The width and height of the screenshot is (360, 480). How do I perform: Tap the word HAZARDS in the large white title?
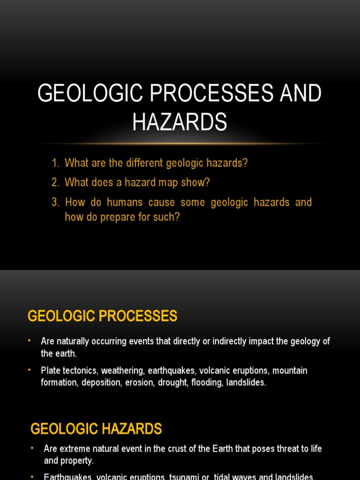180,122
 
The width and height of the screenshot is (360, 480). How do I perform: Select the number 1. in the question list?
56,163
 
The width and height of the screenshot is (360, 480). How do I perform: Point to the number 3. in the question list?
56,202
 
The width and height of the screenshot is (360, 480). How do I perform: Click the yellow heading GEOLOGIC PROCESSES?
102,316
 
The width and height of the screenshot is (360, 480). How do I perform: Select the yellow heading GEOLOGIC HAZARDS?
96,428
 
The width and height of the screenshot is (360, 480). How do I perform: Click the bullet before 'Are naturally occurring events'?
30,341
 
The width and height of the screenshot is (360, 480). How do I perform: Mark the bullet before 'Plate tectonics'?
30,370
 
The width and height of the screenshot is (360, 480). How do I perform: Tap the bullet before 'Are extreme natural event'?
32,448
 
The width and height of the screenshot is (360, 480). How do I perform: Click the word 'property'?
77,460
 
